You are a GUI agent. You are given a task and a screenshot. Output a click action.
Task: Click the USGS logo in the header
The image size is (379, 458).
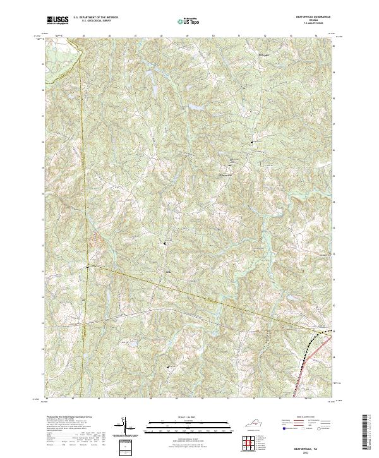57,21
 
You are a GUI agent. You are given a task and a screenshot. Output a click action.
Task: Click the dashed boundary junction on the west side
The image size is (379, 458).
88,268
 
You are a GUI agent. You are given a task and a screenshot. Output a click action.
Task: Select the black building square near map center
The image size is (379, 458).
166,243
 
